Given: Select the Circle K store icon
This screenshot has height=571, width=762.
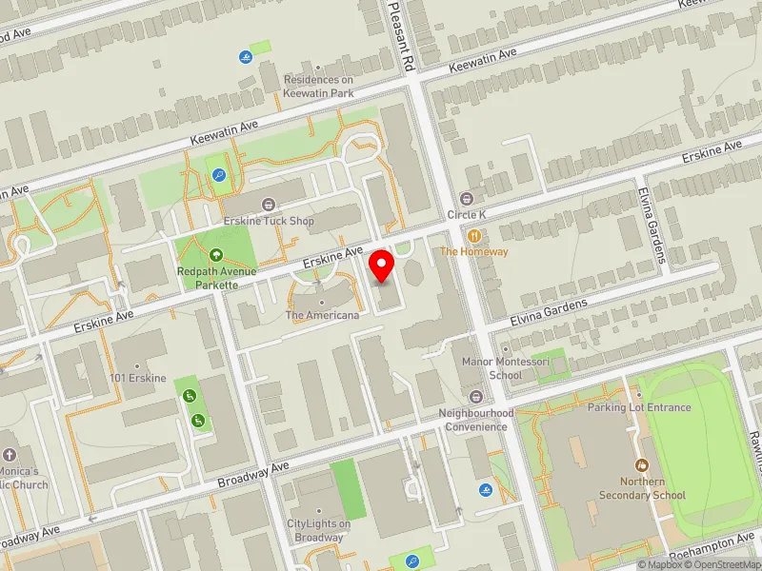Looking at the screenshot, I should coord(467,199).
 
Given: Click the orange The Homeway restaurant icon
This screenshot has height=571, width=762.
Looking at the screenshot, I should coord(473,234).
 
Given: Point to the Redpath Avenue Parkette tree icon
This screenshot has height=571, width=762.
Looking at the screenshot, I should coord(216,254).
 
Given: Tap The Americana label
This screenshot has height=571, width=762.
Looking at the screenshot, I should coord(322,315).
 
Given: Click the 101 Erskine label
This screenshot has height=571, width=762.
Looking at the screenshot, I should coord(138,378).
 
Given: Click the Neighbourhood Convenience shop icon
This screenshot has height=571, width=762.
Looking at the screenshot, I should coord(476,396).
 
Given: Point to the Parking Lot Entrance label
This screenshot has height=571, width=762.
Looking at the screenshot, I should coord(639,407).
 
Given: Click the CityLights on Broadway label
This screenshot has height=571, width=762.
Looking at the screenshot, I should coord(318,530).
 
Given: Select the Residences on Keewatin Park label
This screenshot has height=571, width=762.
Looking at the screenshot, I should coord(318,87).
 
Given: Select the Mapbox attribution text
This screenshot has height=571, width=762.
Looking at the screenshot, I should coord(663,564).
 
